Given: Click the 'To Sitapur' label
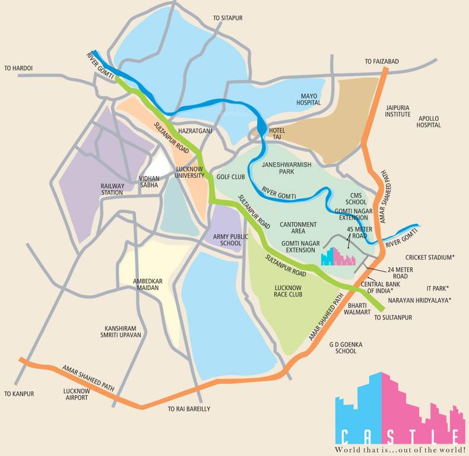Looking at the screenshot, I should [229, 19].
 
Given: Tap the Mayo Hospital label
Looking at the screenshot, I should [309, 99].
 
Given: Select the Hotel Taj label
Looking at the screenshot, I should [277, 134].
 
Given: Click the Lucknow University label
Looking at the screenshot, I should [191, 172].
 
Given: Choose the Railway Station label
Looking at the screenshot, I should [112, 189].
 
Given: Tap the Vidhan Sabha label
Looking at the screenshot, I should [148, 181].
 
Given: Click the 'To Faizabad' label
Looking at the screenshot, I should [382, 61].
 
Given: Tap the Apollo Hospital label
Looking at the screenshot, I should [428, 122].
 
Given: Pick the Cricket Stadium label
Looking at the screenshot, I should [430, 257].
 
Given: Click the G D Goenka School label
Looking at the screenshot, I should [346, 347].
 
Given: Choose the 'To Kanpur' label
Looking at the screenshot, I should [19, 394].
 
